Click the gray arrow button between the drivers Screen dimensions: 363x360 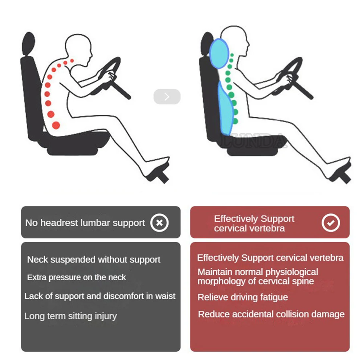pyautogui.click(x=167, y=97)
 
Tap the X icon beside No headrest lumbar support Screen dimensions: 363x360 pyautogui.click(x=159, y=223)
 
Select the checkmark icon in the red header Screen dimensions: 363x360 pyautogui.click(x=330, y=223)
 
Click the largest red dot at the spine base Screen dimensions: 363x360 pyautogui.click(x=56, y=125)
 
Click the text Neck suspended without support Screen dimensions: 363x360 pyautogui.click(x=94, y=260)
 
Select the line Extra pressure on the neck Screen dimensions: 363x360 pyautogui.click(x=76, y=278)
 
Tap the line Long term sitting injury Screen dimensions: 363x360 pyautogui.click(x=70, y=316)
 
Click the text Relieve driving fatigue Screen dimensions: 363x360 pyautogui.click(x=242, y=297)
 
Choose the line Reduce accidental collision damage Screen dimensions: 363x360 pyautogui.click(x=271, y=314)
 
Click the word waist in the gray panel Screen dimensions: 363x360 pyautogui.click(x=166, y=296)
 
